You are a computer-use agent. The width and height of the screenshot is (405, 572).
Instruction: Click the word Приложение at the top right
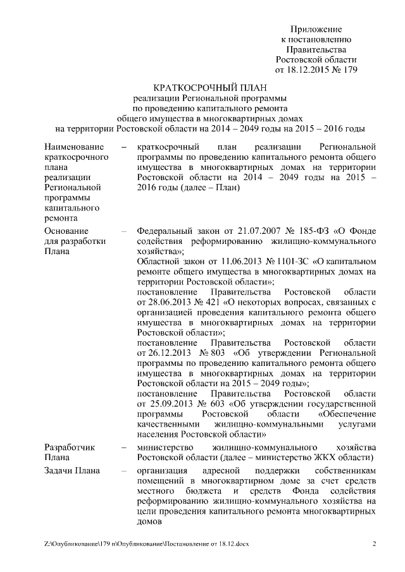pyautogui.click(x=316, y=30)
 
